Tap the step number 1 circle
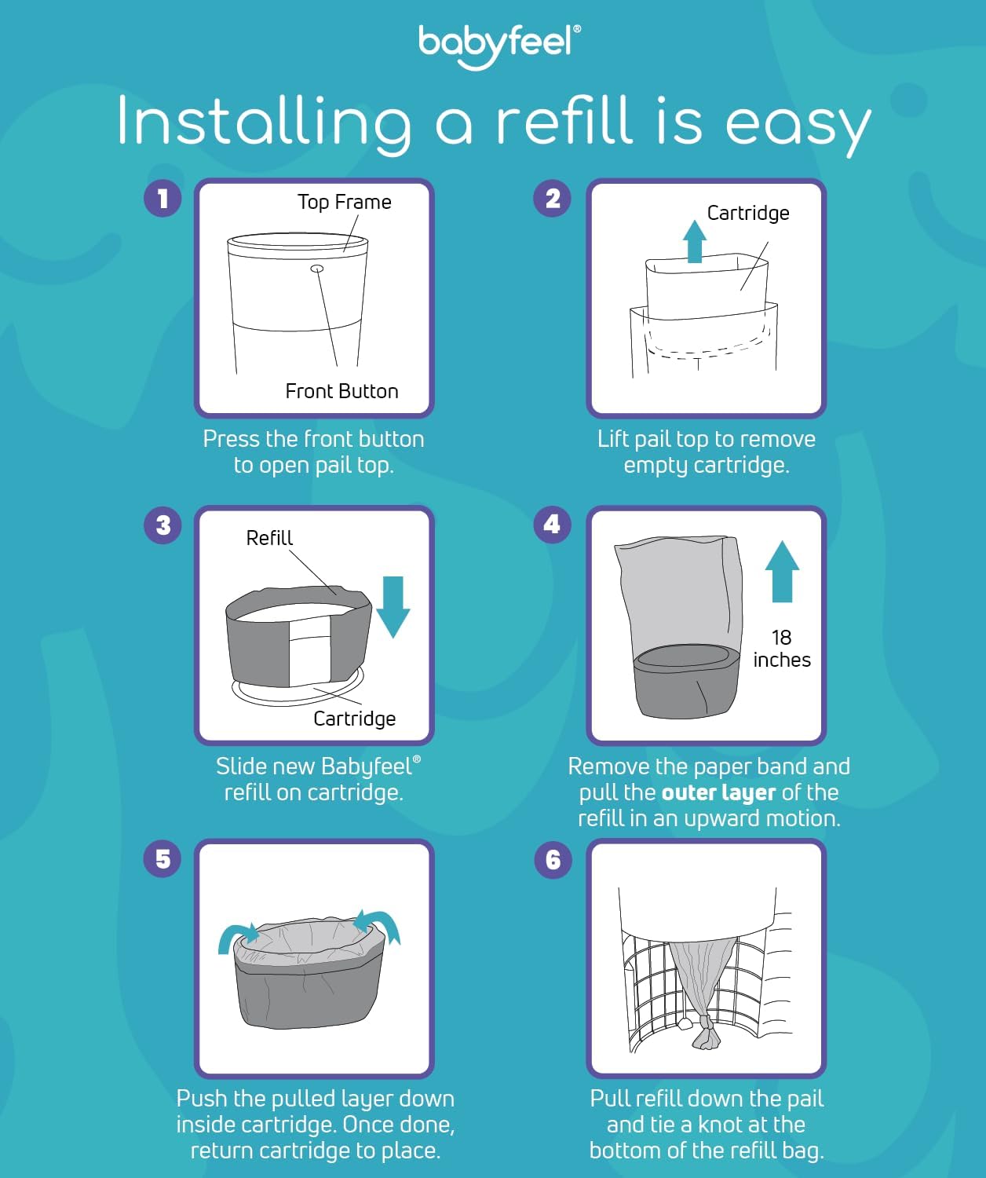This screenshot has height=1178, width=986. (x=163, y=198)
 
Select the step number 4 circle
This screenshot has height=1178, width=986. (x=553, y=525)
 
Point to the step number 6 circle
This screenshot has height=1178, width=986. (x=553, y=859)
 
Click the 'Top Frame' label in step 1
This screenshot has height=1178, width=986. (x=344, y=202)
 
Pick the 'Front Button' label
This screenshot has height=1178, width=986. (x=341, y=391)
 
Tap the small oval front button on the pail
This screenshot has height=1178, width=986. (x=317, y=269)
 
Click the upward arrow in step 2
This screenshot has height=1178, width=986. (x=694, y=241)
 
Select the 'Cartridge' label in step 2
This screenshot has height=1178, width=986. (x=747, y=213)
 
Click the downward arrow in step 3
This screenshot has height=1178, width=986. (x=393, y=605)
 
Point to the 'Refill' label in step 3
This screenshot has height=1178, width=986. (x=269, y=538)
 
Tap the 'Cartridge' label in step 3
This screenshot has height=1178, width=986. (x=354, y=719)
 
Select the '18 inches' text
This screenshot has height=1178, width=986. (x=782, y=649)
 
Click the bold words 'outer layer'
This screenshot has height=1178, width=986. (x=718, y=792)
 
